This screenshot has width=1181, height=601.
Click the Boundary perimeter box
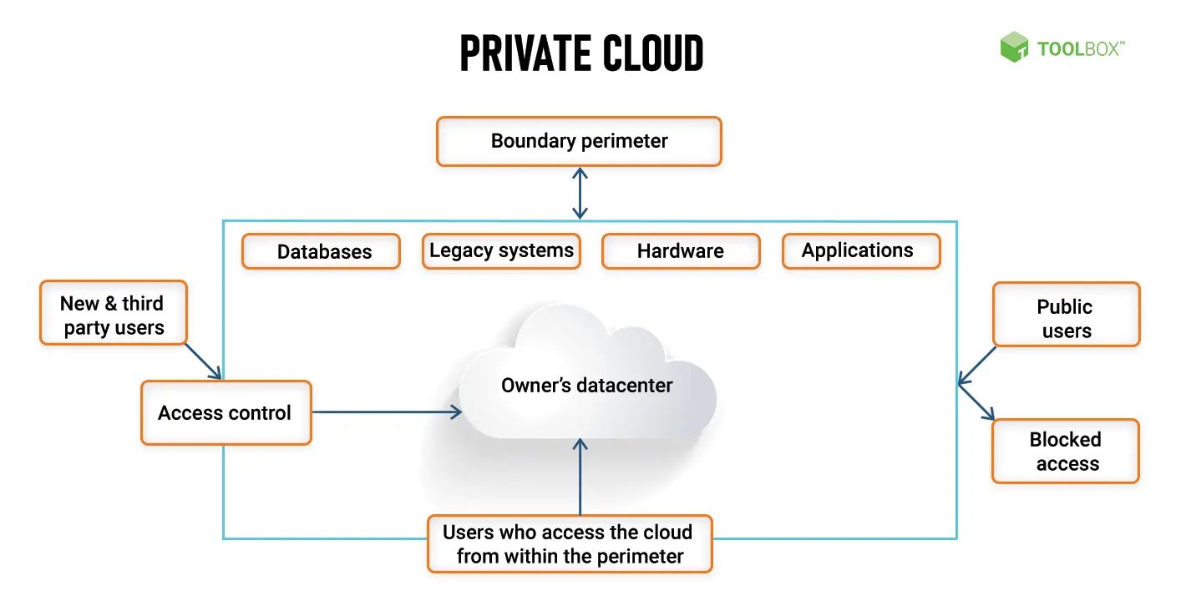(x=579, y=141)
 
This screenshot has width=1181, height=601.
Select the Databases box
(x=321, y=251)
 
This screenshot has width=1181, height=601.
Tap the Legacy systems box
(x=501, y=250)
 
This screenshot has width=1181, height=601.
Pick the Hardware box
(x=681, y=251)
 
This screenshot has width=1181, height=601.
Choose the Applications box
(x=861, y=250)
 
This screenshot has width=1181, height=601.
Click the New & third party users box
(x=114, y=313)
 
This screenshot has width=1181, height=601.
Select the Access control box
(x=226, y=412)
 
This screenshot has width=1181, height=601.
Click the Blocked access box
(x=1065, y=451)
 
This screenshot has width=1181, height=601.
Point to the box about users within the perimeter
(x=570, y=543)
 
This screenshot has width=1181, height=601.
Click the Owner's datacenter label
(x=586, y=385)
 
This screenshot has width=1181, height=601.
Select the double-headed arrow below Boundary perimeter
(x=580, y=193)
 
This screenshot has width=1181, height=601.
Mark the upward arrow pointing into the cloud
(x=580, y=476)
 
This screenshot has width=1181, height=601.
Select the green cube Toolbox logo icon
(x=1014, y=47)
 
